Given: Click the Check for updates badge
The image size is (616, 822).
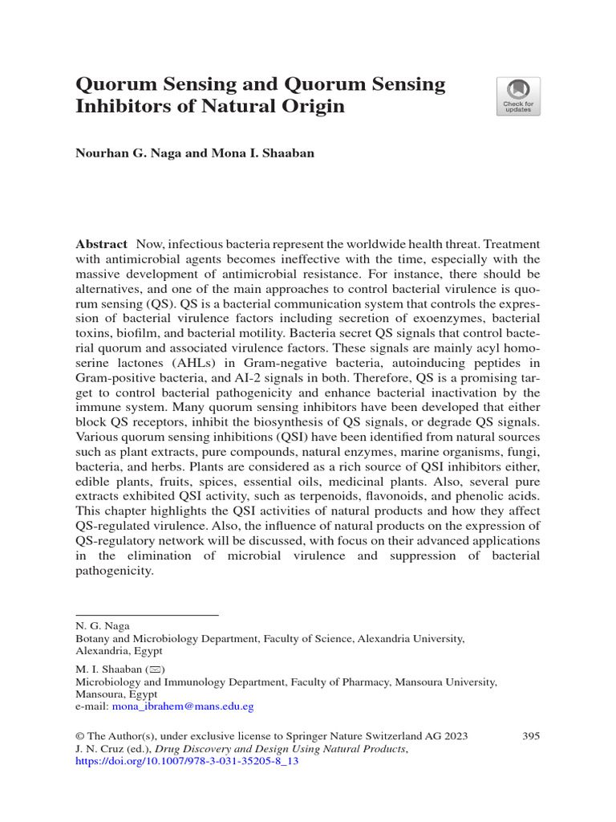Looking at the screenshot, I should coord(518,96).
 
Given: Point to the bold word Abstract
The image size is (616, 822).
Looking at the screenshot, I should coord(101,243).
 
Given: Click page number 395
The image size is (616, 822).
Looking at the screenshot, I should coord(530,736).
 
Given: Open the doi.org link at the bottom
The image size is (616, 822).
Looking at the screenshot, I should coord(187,762).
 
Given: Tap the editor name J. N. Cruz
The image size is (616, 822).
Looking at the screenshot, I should coord(100,749).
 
